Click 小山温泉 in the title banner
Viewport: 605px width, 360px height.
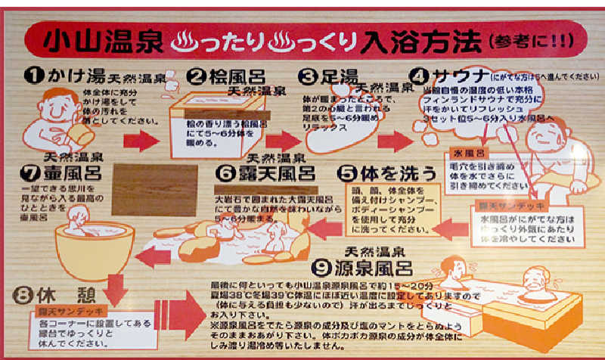coord(100,39)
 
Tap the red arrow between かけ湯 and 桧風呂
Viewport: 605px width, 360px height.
coord(141,140)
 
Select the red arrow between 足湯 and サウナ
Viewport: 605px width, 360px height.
coord(395,140)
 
